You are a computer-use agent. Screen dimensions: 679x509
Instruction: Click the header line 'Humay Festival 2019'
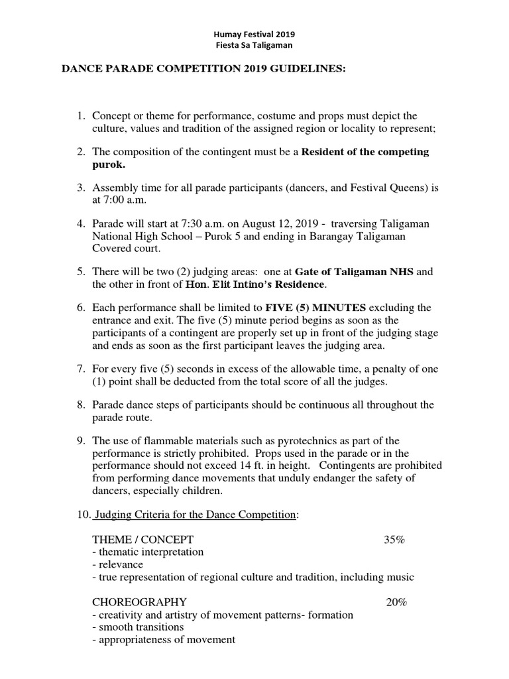(254, 34)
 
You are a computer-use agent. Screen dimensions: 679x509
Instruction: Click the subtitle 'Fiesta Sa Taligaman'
(254, 45)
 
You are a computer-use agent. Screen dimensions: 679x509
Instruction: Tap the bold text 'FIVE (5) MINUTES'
(315, 308)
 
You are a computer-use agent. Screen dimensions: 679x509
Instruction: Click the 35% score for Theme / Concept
(394, 539)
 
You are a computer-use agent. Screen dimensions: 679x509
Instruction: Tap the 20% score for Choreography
(397, 602)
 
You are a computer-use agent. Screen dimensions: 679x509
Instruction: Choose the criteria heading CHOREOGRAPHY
(139, 602)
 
